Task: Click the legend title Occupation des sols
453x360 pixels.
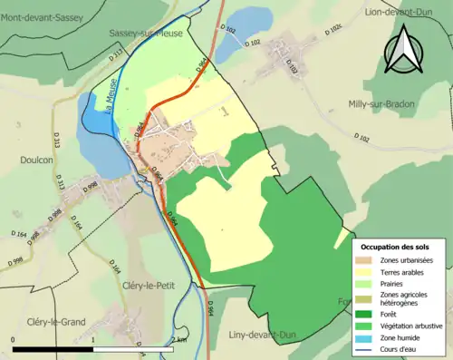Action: click(398, 247)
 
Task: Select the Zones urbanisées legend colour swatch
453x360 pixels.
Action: click(368, 260)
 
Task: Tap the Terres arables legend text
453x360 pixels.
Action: click(407, 271)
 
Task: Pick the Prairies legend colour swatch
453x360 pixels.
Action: click(368, 283)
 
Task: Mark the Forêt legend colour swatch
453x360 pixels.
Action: click(368, 315)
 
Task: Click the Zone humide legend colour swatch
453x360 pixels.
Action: click(368, 337)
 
